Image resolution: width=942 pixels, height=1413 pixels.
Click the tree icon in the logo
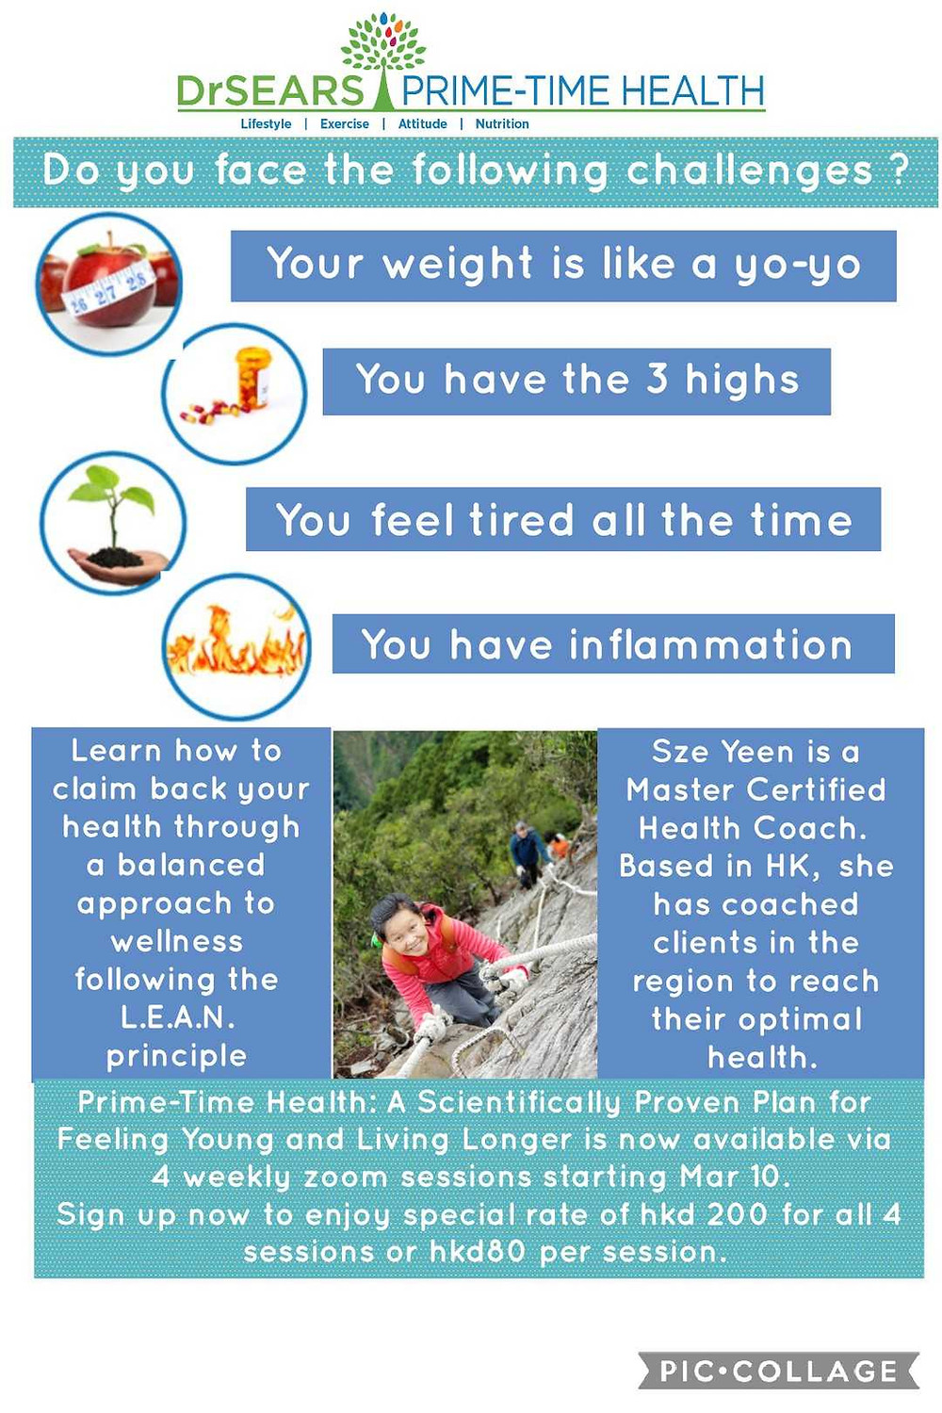(x=383, y=60)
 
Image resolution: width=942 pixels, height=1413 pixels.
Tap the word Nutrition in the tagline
(x=502, y=123)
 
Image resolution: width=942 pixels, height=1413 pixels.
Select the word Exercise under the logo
(x=345, y=123)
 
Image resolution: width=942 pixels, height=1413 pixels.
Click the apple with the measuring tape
(x=107, y=280)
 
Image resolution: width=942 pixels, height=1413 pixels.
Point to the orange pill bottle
(x=253, y=379)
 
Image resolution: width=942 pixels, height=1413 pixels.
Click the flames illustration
(x=236, y=641)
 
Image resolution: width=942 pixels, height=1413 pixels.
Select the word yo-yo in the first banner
(x=798, y=266)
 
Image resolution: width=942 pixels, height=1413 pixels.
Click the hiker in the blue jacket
(x=528, y=851)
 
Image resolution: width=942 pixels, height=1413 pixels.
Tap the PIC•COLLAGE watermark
(x=779, y=1372)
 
